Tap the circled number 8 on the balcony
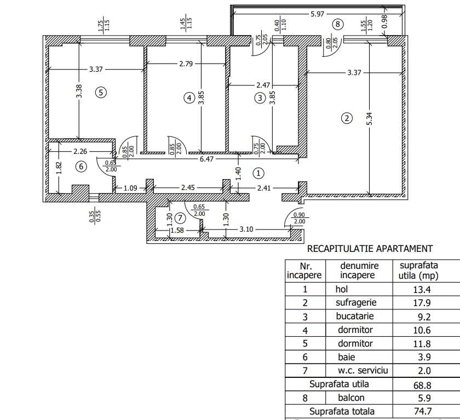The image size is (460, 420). click(x=338, y=24)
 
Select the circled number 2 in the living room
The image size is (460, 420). click(x=346, y=117)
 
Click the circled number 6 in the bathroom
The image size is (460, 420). click(x=81, y=166)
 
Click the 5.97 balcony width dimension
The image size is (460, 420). click(x=319, y=13)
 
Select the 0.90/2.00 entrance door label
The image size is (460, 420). click(x=298, y=217)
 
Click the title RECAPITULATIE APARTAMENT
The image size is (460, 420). click(x=370, y=249)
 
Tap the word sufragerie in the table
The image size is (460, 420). click(x=354, y=302)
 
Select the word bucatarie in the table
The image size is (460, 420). click(x=355, y=316)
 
